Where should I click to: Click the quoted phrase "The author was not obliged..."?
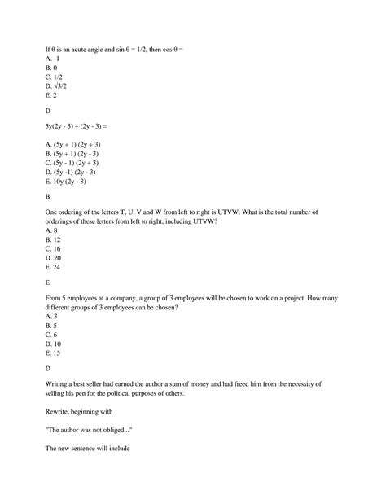(93, 432)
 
